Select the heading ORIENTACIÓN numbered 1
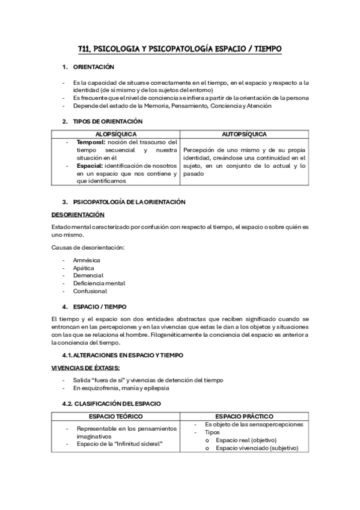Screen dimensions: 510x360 coord(93,67)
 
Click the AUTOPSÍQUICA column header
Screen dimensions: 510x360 coord(244,134)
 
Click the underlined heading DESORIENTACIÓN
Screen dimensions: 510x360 coord(78,215)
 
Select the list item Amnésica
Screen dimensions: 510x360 coord(87,260)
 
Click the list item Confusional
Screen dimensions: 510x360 coord(90,291)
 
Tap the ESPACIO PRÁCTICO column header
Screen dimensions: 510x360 coord(244,416)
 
